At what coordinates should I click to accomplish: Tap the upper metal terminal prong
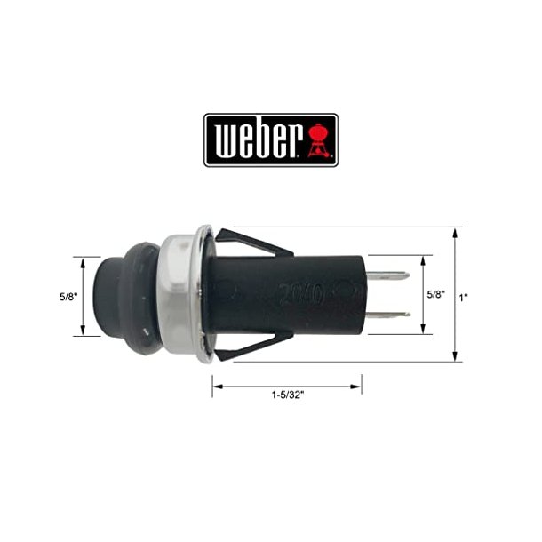pos(388,276)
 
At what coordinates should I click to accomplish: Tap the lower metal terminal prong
pos(388,314)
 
